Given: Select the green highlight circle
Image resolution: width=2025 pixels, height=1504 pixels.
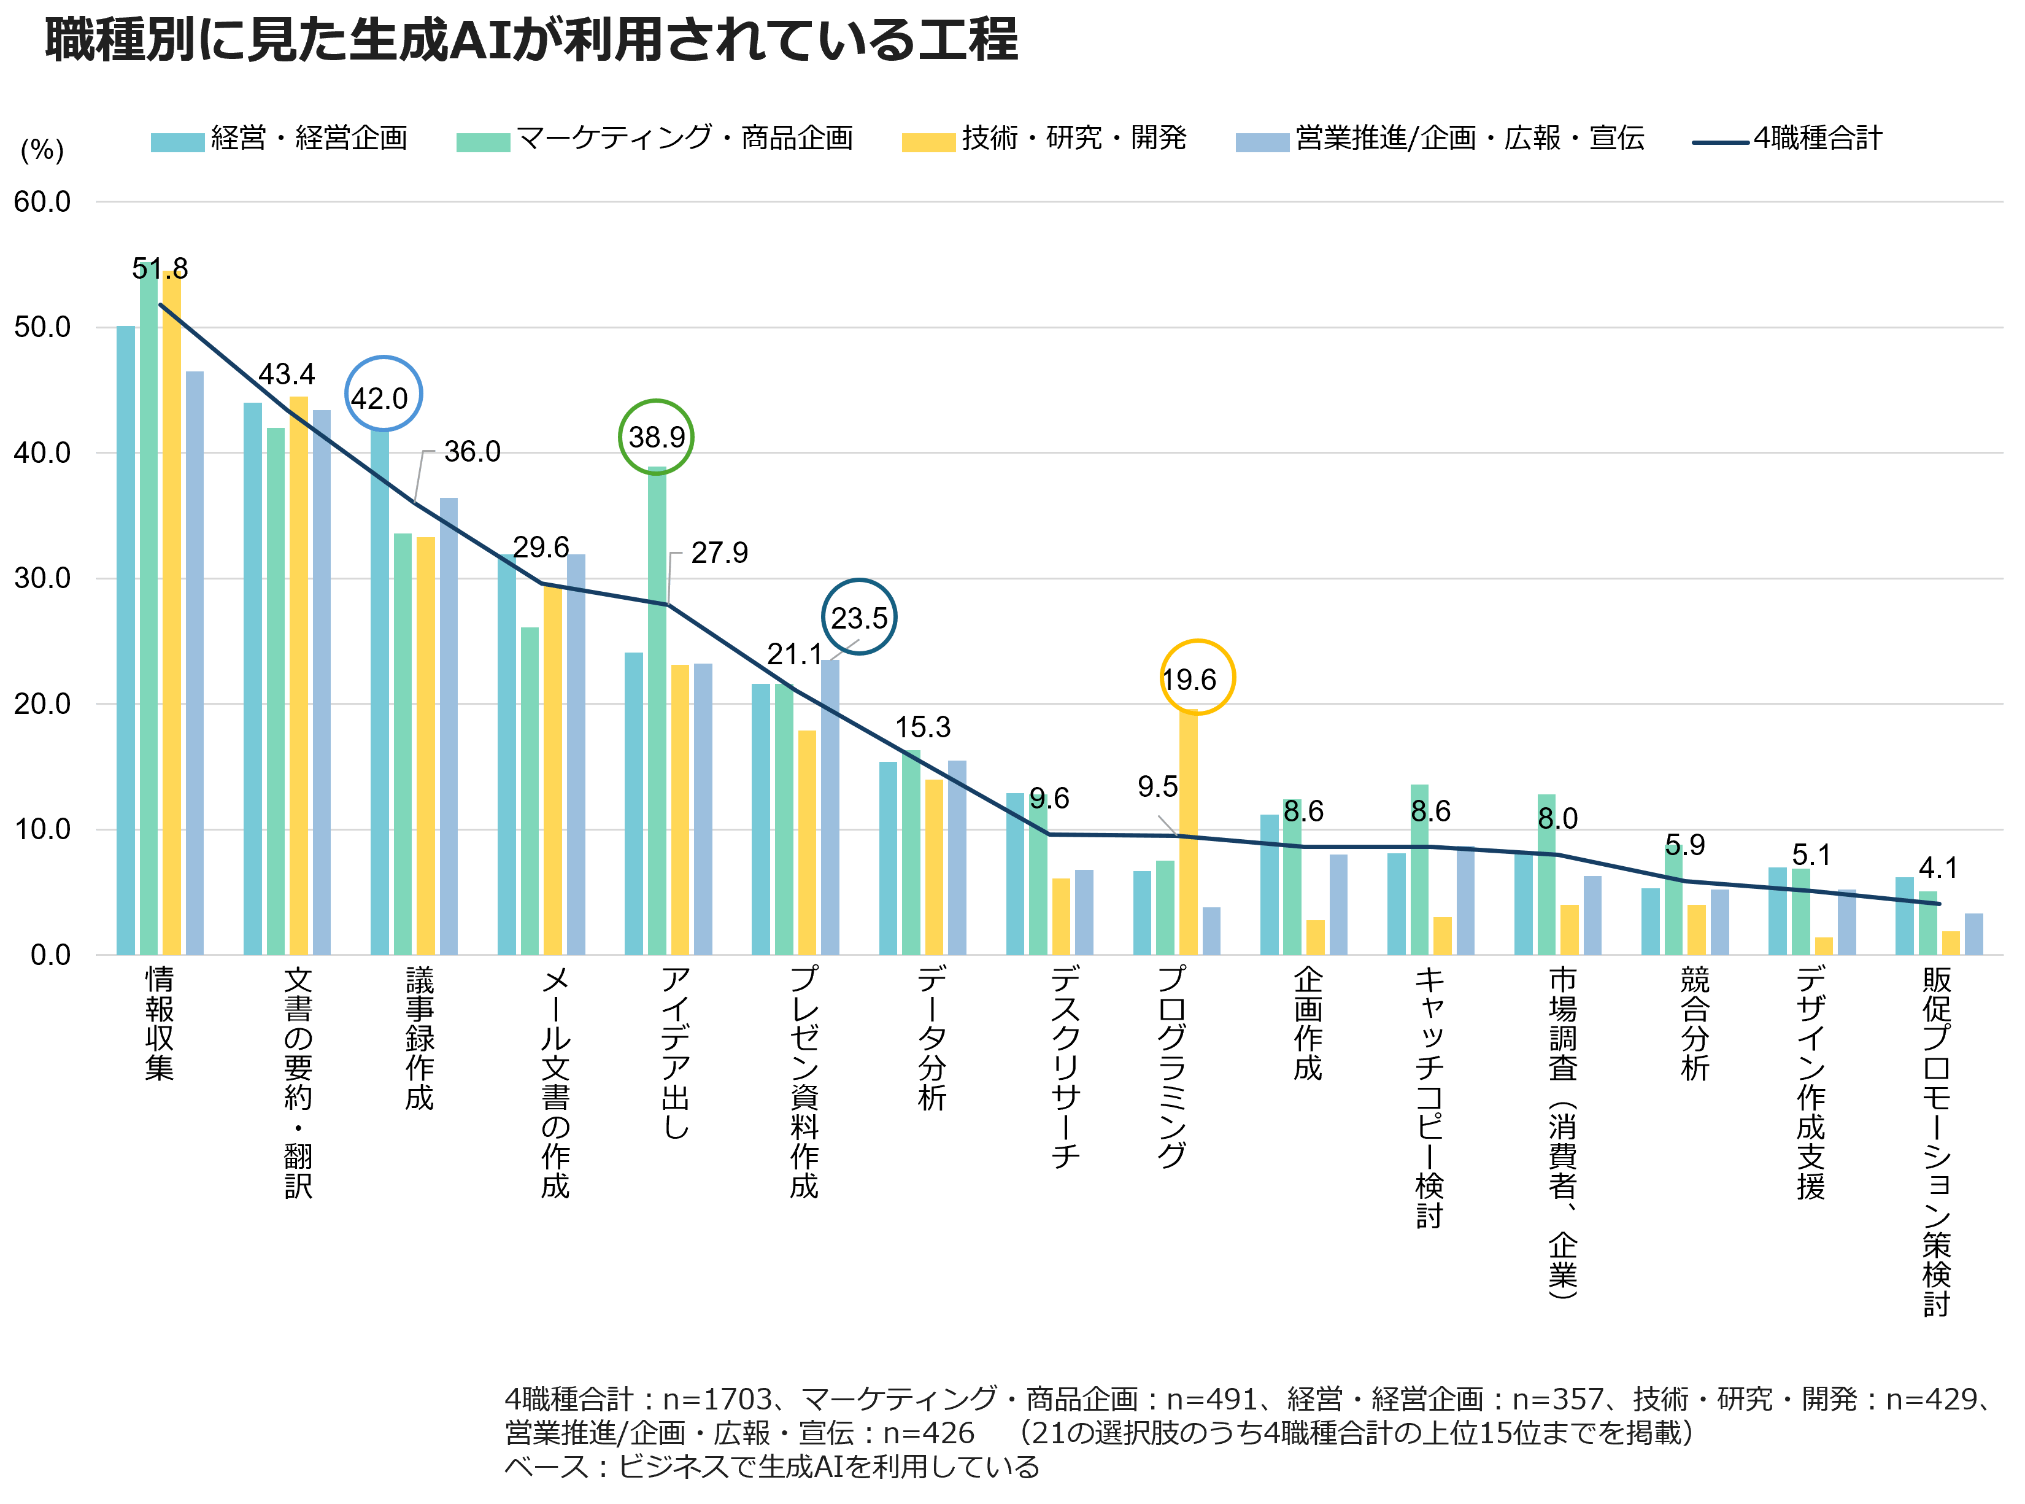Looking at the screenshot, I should click(656, 437).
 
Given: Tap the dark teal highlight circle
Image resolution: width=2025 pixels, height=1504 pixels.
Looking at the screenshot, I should click(859, 616).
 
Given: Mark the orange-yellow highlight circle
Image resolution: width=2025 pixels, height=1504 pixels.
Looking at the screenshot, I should click(1198, 676).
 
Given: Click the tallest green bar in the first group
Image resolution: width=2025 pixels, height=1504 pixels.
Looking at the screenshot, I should click(148, 610).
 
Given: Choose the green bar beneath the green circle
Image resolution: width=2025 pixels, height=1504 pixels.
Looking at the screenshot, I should click(657, 710).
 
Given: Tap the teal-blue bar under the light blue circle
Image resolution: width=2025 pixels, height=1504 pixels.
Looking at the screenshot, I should click(379, 692).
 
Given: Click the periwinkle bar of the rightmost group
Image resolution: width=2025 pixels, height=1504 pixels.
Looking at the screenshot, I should click(1973, 934).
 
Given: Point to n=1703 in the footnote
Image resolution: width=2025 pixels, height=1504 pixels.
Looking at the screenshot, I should click(718, 1399).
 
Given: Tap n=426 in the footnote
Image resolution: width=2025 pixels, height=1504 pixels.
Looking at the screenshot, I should click(928, 1434).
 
